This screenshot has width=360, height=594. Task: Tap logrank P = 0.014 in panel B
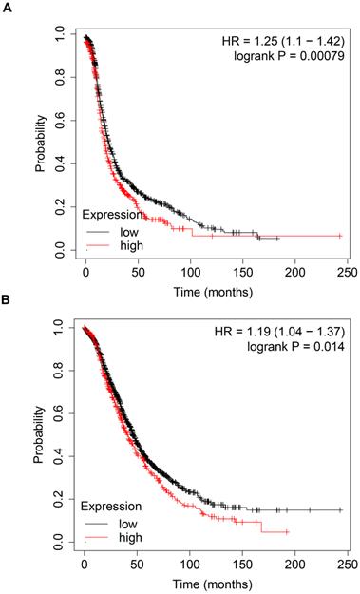point(302,349)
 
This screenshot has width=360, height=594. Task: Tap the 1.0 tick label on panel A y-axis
point(62,33)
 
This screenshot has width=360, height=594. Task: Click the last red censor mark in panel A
point(340,235)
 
